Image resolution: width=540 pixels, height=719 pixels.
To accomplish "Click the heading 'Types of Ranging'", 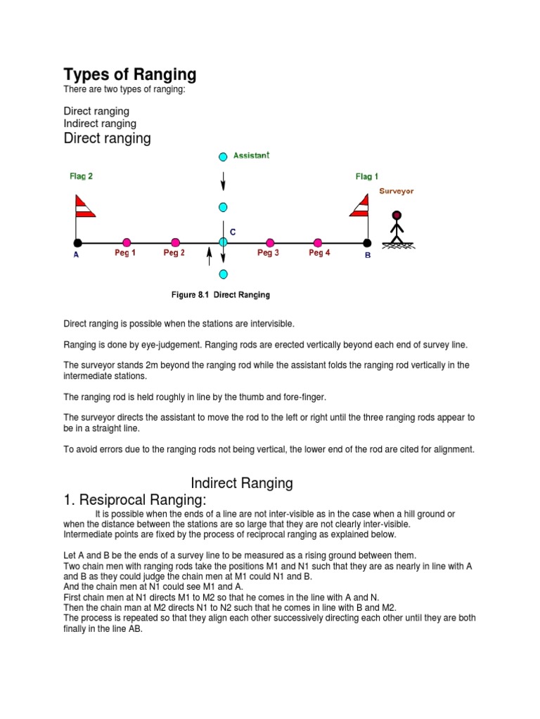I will (130, 74).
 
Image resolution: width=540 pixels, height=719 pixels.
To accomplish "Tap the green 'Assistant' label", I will (252, 155).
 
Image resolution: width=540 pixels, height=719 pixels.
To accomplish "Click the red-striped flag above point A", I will (84, 206).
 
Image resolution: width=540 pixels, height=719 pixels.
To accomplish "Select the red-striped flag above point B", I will (359, 206).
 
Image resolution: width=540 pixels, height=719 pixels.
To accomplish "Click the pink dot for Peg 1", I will (127, 242).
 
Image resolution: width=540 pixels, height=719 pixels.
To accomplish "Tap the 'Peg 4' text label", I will (319, 253).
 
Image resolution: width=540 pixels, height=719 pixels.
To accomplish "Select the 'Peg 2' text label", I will (174, 253).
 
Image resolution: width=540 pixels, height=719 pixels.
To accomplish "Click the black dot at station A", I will (77, 242).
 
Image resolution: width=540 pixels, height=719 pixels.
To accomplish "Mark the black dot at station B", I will (366, 242).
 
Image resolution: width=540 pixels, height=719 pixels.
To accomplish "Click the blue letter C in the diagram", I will (233, 231).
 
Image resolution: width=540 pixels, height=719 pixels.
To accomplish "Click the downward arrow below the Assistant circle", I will (223, 180).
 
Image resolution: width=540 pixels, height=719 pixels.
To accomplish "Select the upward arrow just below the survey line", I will (209, 256).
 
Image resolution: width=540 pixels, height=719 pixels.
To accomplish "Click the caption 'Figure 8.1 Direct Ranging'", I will (220, 295).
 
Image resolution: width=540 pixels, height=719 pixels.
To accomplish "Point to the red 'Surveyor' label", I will (397, 191).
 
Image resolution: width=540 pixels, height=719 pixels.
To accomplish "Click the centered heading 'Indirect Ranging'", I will (242, 483).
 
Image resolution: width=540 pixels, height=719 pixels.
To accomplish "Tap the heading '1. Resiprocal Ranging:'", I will (135, 500).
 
